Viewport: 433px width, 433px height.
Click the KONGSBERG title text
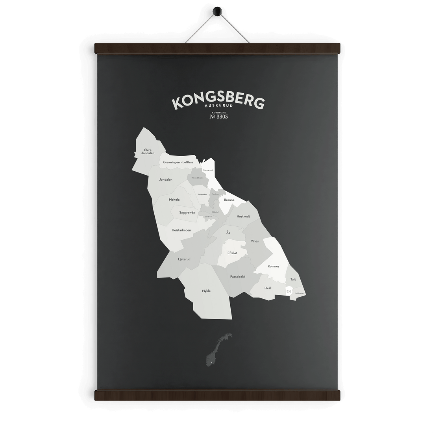pyautogui.click(x=218, y=101)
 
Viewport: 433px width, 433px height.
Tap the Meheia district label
pyautogui.click(x=174, y=200)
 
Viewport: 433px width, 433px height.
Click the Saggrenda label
pyautogui.click(x=187, y=213)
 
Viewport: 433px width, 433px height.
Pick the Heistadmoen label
pyautogui.click(x=181, y=230)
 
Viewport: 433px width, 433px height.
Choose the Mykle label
pyautogui.click(x=206, y=291)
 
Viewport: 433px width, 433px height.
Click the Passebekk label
pyautogui.click(x=238, y=277)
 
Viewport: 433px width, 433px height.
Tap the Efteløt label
pyautogui.click(x=232, y=253)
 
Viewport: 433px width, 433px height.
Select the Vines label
pyautogui.click(x=255, y=241)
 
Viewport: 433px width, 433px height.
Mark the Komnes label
pyautogui.click(x=273, y=266)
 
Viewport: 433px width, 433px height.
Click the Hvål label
pyautogui.click(x=268, y=288)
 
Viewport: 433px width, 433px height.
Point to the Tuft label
pyautogui.click(x=293, y=279)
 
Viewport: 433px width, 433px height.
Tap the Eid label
pyautogui.click(x=289, y=291)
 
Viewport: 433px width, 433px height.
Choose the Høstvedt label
pyautogui.click(x=243, y=216)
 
